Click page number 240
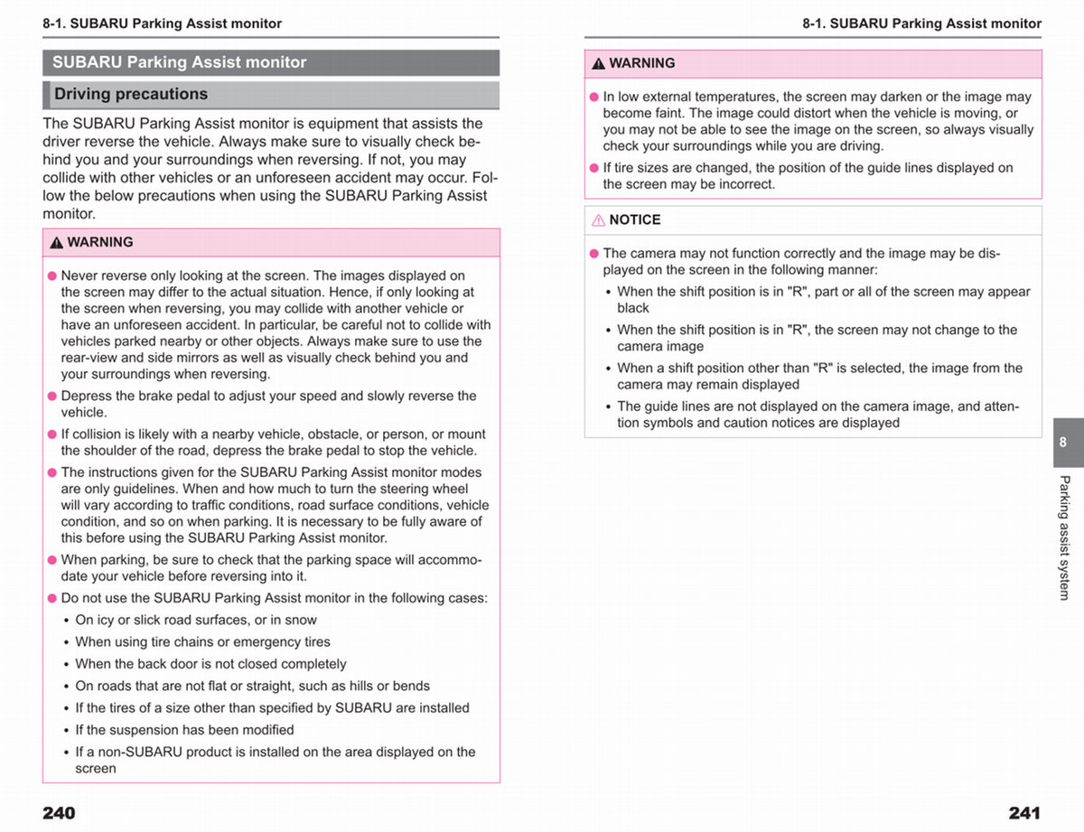59,812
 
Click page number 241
1024,812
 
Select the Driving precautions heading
130,94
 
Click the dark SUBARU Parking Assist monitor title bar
270,62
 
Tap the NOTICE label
634,220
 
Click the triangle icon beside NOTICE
598,220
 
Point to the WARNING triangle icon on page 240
56,242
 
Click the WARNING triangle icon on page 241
598,63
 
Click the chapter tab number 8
1062,443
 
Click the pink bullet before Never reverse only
52,276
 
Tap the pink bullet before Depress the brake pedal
52,396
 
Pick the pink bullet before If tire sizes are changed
594,168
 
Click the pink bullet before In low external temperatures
594,97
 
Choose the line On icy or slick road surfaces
195,620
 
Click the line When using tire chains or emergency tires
202,641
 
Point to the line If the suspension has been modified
184,729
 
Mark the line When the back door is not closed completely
210,664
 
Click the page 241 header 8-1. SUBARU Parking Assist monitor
921,23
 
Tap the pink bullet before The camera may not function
594,254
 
